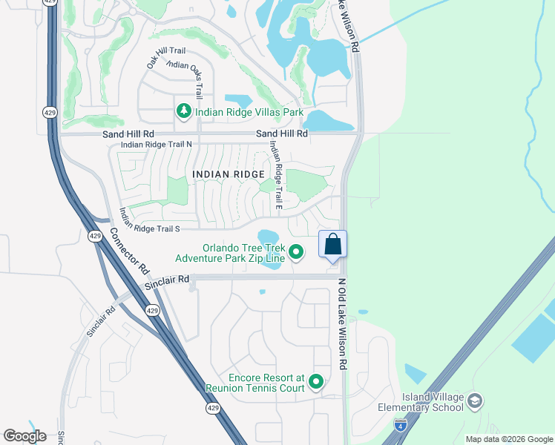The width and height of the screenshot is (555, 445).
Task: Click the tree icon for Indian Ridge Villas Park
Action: (183, 111)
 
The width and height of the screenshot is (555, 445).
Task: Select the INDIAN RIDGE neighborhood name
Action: (229, 174)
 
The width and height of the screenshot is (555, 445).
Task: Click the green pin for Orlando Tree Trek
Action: (296, 253)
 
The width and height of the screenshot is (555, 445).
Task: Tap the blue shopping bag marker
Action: (333, 244)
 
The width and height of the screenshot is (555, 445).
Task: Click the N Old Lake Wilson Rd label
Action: (342, 324)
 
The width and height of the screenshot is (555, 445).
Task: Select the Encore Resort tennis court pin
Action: (317, 382)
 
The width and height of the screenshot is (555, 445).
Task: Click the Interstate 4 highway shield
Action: (401, 425)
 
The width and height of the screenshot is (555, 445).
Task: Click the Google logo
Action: (24, 436)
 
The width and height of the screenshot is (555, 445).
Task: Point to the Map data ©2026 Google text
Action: (508, 439)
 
